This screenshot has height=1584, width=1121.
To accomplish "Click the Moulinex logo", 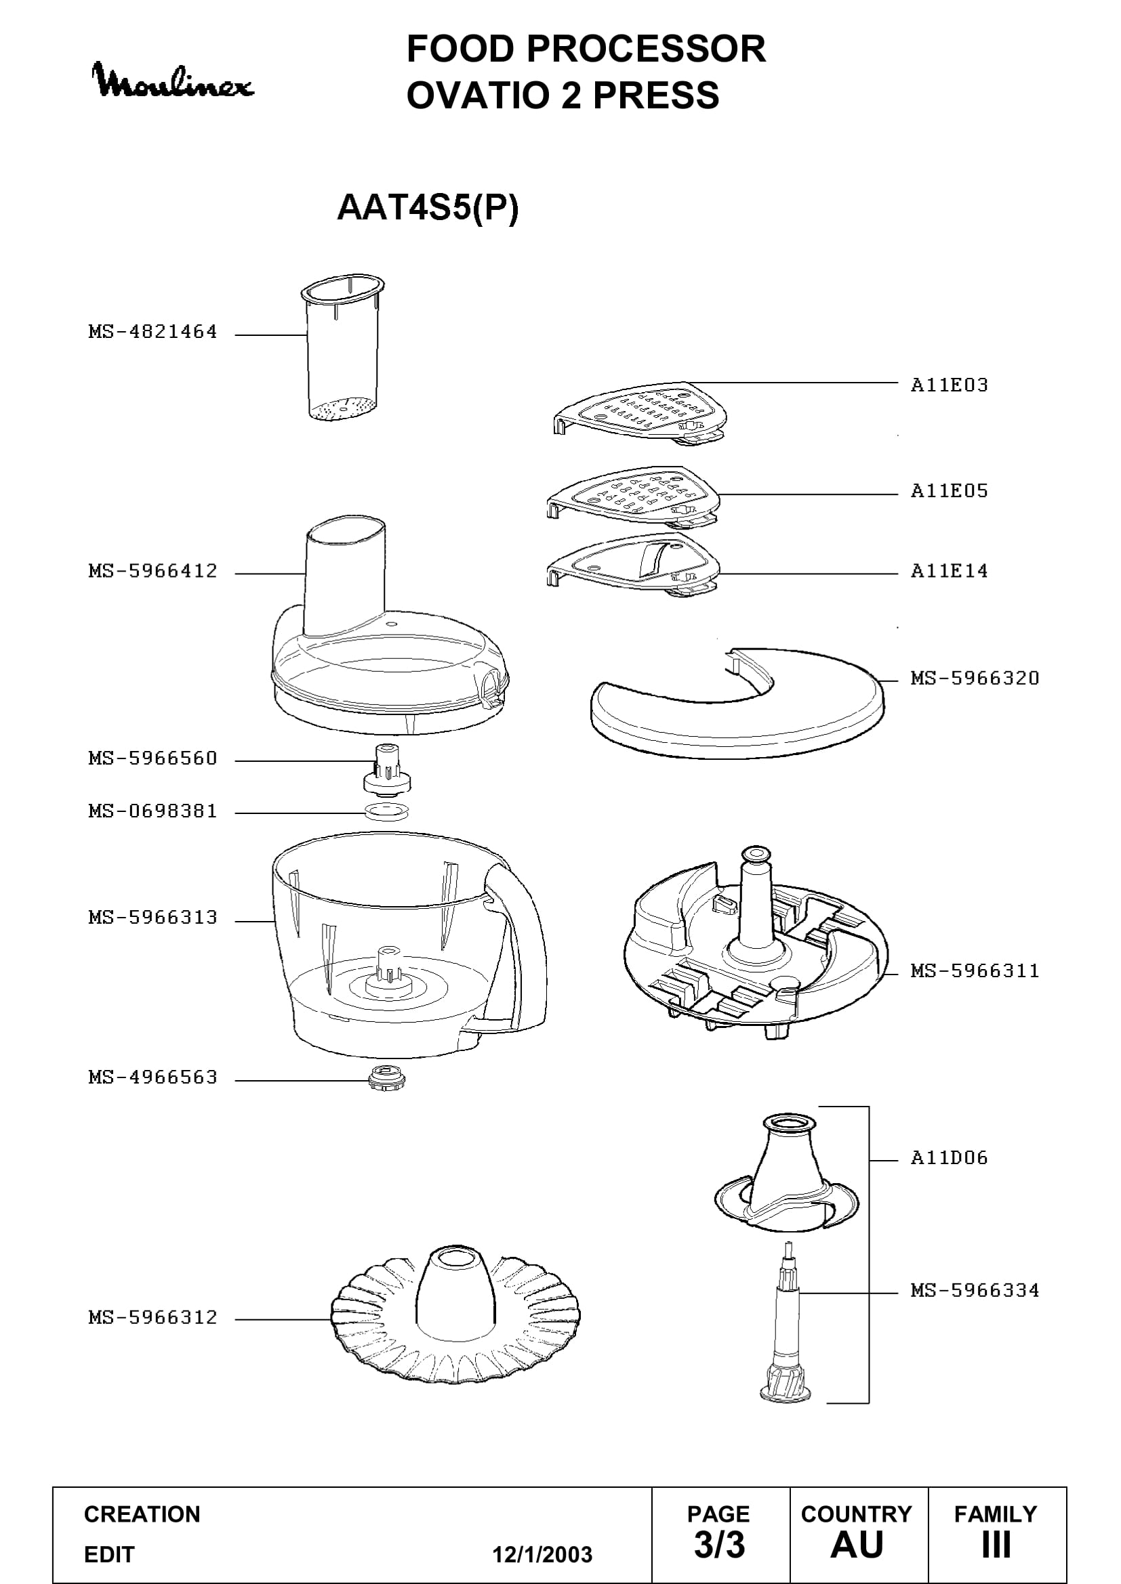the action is coord(173,80).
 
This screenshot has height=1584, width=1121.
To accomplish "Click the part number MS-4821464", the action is coord(152,332).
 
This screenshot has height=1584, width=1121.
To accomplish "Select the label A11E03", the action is coord(949,385).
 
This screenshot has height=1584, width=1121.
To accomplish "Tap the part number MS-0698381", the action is coord(152,811).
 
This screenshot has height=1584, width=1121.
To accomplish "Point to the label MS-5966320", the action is coord(975,678).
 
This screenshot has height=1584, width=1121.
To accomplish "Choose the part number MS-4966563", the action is coord(152,1077).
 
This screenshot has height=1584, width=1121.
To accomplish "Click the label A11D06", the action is coord(949,1157).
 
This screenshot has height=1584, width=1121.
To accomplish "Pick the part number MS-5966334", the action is coord(975,1290).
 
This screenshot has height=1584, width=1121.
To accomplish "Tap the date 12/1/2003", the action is coord(542,1554).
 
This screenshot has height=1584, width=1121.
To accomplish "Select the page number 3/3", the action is coord(719,1545).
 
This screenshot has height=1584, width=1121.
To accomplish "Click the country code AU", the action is coord(857,1545).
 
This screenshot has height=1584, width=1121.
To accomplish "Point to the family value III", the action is coord(996,1545).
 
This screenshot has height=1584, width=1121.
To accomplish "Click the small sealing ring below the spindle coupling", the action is coord(386,812).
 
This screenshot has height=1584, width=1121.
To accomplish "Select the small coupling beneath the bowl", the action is coord(387,1077).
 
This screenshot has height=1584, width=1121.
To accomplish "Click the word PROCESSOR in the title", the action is coord(646,49).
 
